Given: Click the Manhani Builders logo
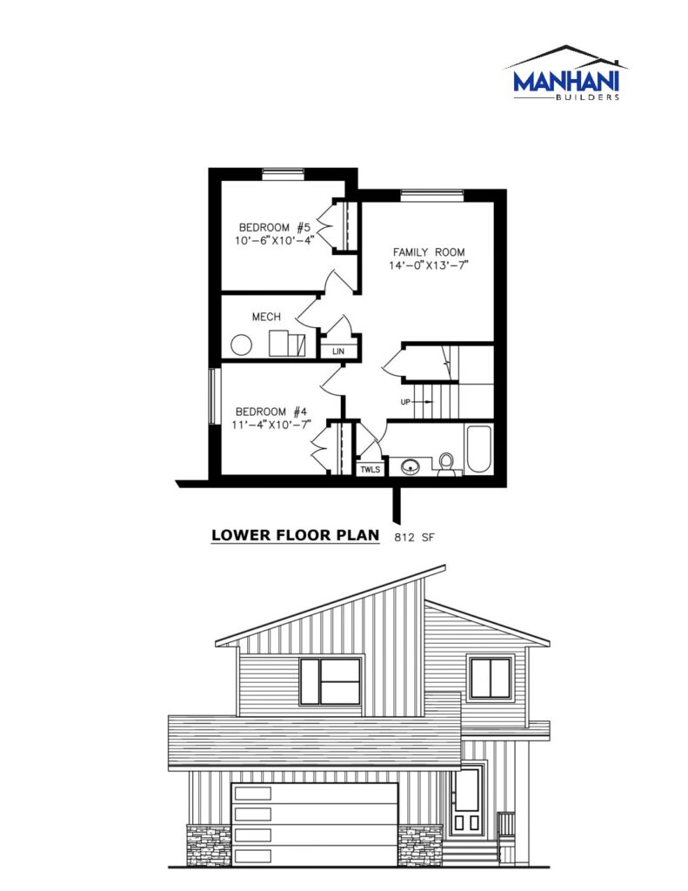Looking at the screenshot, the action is pyautogui.click(x=565, y=73).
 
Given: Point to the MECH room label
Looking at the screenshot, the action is pyautogui.click(x=266, y=317).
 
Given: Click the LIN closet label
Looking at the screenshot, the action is pyautogui.click(x=338, y=352).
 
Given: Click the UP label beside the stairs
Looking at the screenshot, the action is pyautogui.click(x=405, y=402).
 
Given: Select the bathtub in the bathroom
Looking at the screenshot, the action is pyautogui.click(x=478, y=449).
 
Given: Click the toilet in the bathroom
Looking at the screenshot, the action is pyautogui.click(x=446, y=463).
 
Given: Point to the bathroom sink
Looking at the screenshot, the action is pyautogui.click(x=409, y=467).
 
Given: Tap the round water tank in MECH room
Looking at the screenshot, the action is pyautogui.click(x=242, y=345).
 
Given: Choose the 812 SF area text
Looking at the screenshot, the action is pyautogui.click(x=414, y=536).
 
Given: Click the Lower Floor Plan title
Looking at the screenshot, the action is pyautogui.click(x=296, y=535).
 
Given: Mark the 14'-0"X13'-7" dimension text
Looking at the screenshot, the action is pyautogui.click(x=429, y=265).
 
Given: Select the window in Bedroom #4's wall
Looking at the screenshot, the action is pyautogui.click(x=214, y=396).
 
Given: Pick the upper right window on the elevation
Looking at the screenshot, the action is pyautogui.click(x=491, y=678).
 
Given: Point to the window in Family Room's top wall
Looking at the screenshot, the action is pyautogui.click(x=431, y=195).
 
